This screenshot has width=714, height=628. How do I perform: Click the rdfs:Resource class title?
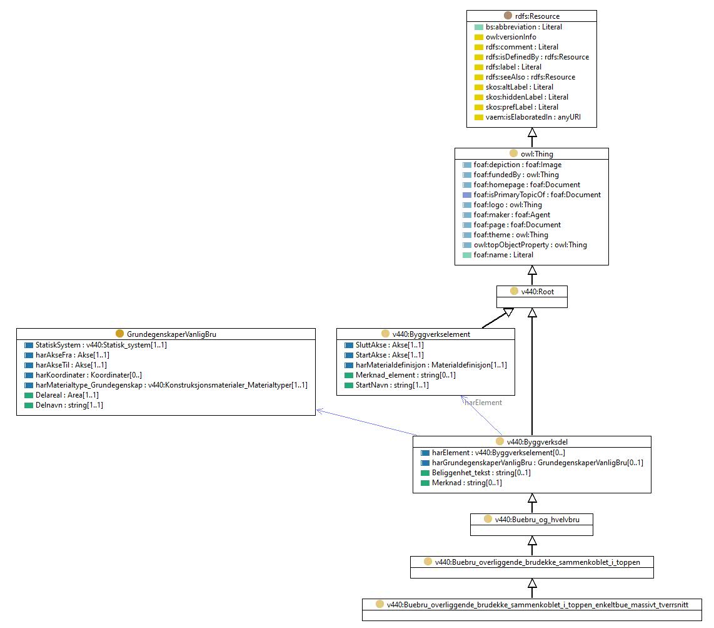click(x=537, y=16)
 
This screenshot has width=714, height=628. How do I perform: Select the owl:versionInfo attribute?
click(x=510, y=37)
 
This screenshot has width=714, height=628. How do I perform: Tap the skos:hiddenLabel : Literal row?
click(x=527, y=97)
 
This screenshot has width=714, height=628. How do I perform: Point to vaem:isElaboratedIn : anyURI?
click(x=533, y=117)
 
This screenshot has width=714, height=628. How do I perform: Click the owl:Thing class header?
click(x=537, y=153)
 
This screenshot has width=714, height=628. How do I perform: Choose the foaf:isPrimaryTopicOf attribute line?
click(x=537, y=195)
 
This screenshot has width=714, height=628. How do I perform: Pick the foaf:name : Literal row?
click(x=503, y=255)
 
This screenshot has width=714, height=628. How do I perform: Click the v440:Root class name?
click(x=537, y=291)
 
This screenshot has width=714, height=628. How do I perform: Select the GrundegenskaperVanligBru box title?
click(x=171, y=334)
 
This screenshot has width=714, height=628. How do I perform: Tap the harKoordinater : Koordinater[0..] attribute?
click(x=89, y=375)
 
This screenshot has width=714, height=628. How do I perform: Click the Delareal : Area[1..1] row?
click(x=67, y=395)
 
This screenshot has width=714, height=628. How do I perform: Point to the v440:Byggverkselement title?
click(x=431, y=334)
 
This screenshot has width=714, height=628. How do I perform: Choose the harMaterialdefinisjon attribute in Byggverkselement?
click(x=431, y=365)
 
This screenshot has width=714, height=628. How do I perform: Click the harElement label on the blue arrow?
click(x=483, y=402)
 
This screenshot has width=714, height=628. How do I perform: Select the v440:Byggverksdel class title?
click(x=537, y=442)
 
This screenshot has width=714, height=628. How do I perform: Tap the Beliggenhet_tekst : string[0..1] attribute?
click(x=481, y=473)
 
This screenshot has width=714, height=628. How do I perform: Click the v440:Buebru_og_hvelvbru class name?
click(x=537, y=520)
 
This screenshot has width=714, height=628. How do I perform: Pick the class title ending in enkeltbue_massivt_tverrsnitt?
click(x=537, y=605)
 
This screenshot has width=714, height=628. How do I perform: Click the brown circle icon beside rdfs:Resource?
click(x=508, y=16)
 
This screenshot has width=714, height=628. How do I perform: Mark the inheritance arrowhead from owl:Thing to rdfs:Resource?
click(x=532, y=132)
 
